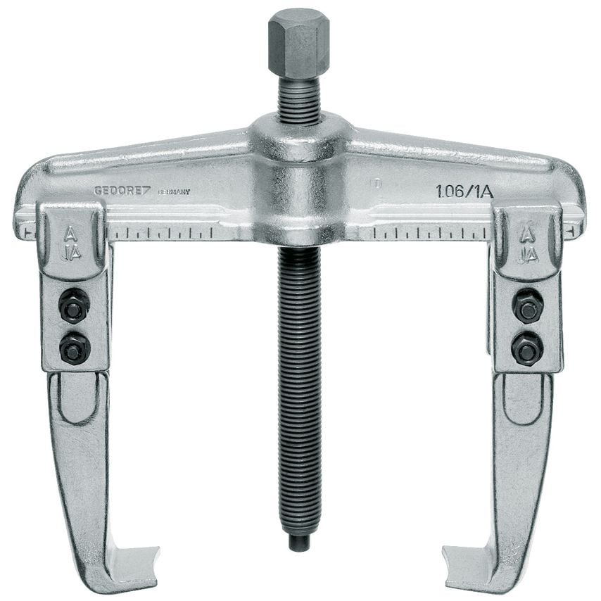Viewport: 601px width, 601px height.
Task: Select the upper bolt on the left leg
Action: [x=72, y=308]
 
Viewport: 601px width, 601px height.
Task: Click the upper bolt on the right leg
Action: [x=526, y=308]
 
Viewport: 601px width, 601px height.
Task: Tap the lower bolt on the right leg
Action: [x=526, y=347]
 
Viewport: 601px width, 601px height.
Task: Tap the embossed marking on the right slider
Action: [x=527, y=243]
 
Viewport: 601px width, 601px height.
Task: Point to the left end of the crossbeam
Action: [x=25, y=204]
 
